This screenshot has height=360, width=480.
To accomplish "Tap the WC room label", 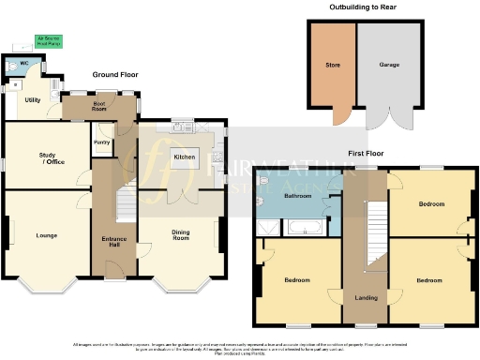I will point(24,64).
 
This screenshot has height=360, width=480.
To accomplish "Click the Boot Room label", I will point(99,105).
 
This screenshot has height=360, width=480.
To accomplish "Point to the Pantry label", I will point(102,142).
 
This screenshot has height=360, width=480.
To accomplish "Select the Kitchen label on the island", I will point(185,157).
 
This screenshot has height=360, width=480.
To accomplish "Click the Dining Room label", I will point(181,235).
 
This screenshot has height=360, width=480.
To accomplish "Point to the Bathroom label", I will point(298,196).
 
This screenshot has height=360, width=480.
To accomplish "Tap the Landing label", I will point(367,298).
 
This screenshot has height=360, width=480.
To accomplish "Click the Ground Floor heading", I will point(113,74).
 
